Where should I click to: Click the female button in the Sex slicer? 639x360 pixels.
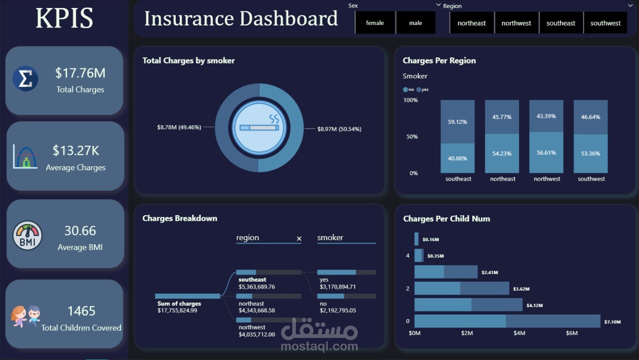point(375,23)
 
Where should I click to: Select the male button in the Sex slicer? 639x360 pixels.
point(415,23)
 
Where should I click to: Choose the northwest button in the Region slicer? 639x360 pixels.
point(516,23)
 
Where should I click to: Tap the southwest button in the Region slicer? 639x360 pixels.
point(605,23)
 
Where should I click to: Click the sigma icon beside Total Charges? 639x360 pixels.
point(25,79)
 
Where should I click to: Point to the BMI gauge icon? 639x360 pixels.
point(27,236)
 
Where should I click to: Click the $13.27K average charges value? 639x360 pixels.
point(76,150)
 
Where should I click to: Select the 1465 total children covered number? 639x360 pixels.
point(81,311)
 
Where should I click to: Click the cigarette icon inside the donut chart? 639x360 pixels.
point(259,128)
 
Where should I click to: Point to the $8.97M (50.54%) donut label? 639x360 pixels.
point(339,129)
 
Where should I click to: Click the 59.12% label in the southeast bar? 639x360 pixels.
point(458,121)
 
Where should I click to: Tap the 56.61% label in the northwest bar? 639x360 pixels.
point(546,153)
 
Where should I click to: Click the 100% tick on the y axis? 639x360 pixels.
point(410,100)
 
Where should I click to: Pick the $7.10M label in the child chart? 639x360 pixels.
point(612,322)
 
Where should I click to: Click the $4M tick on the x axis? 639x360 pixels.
point(519,333)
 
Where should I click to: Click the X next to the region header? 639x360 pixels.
point(299,239)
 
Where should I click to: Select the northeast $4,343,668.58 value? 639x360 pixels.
point(257,311)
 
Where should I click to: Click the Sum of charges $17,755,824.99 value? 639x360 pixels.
point(177,311)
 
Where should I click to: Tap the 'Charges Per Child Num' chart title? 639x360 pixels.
point(446,219)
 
